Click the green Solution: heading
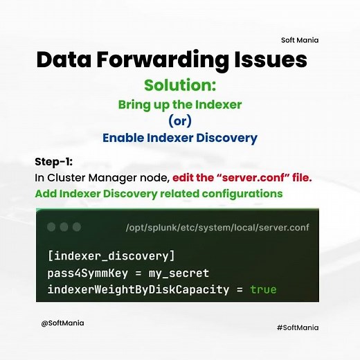coord(179,86)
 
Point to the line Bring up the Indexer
coord(179,106)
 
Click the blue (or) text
coord(179,122)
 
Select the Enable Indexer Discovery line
coord(179,138)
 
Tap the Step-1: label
coord(53,162)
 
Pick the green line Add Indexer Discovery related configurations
coord(159,194)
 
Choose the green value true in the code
coord(263,289)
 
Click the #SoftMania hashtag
coord(297,327)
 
